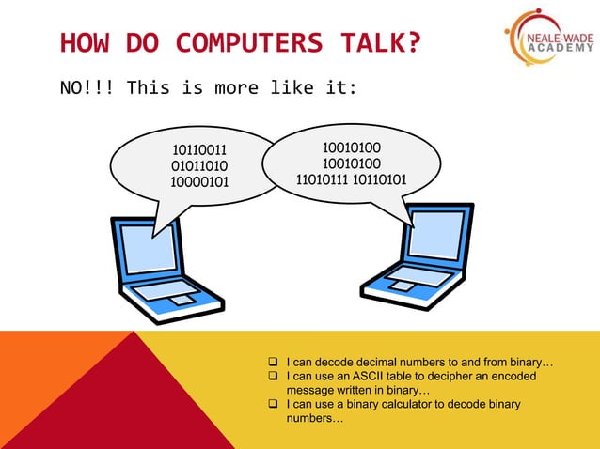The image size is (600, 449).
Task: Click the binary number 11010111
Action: tap(323, 179)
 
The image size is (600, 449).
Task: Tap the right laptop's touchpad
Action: tap(401, 286)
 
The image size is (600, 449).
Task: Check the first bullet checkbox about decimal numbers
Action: tap(272, 362)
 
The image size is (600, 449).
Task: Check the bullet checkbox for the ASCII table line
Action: tap(272, 376)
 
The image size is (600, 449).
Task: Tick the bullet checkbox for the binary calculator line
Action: tap(272, 404)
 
